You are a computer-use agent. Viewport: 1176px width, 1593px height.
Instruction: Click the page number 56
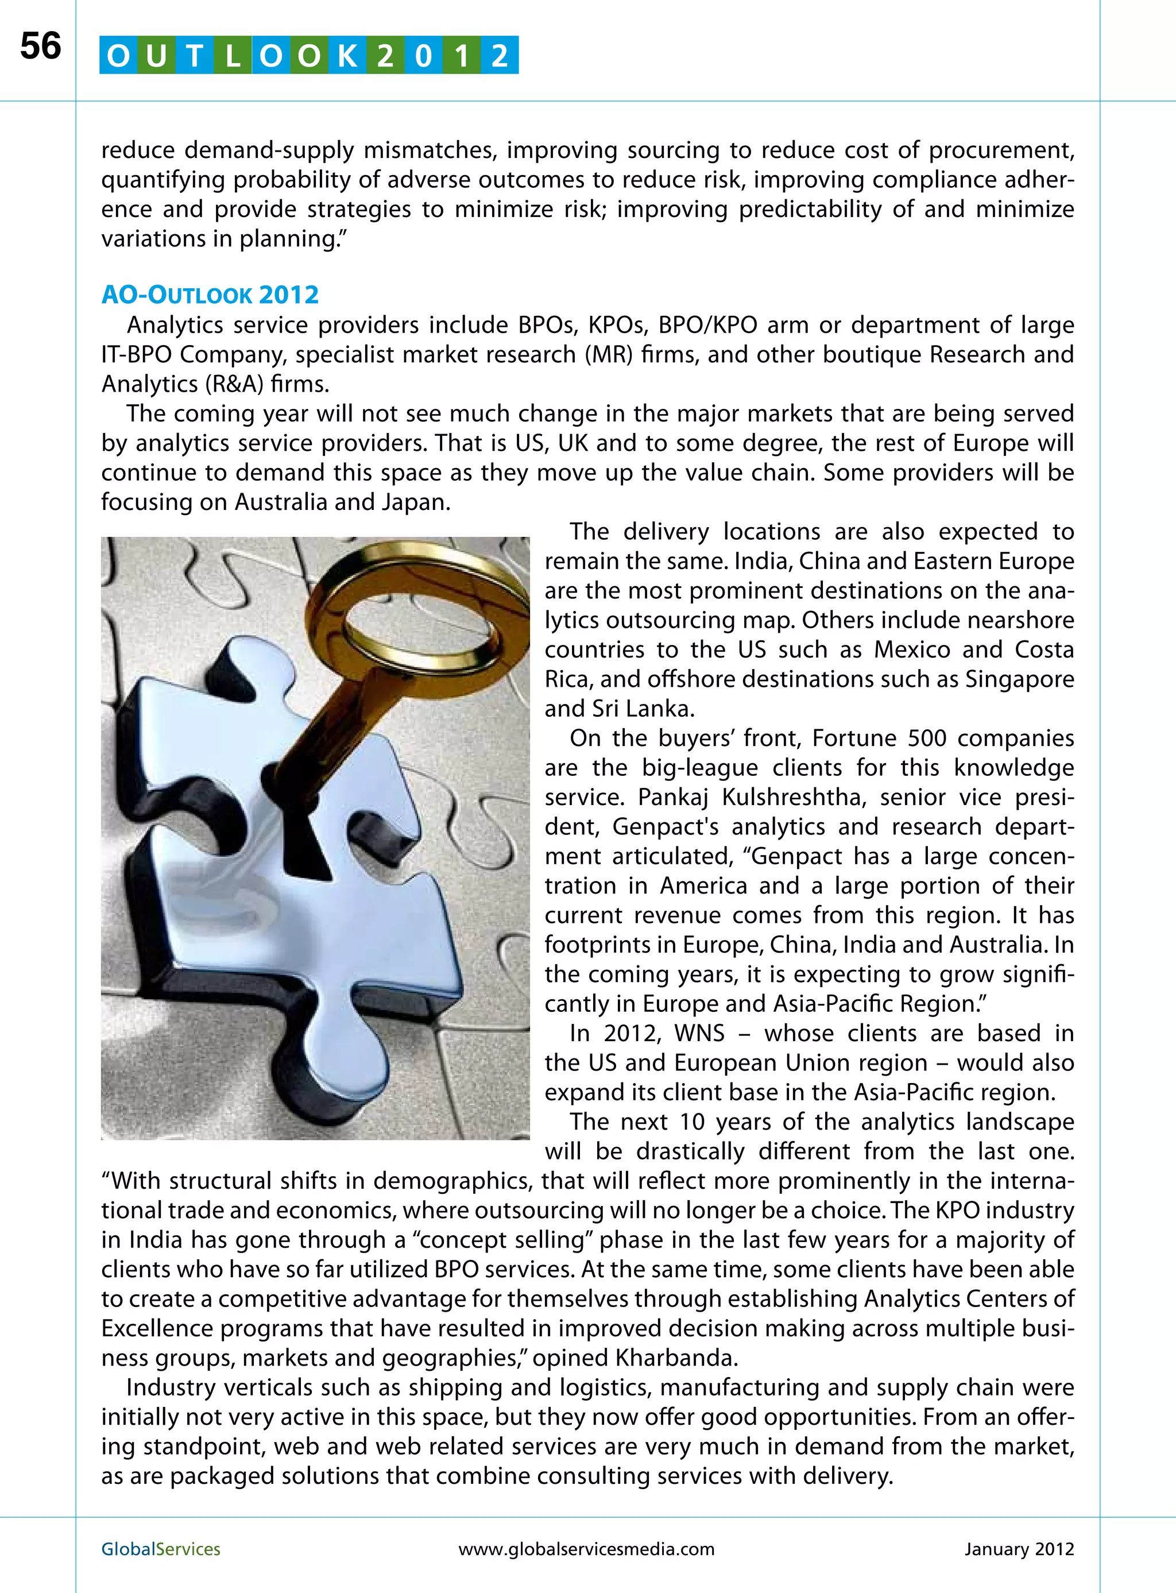41,47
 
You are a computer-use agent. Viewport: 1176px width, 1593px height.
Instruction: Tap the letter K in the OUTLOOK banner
347,56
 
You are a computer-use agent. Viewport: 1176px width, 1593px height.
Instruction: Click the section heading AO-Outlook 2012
210,295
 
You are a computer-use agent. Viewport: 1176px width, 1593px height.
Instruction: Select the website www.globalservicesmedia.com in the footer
587,1549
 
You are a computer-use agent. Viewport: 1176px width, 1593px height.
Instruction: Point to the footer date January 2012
1019,1549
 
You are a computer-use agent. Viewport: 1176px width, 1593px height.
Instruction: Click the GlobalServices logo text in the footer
161,1549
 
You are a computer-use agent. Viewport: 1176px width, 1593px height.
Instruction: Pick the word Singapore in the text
1019,679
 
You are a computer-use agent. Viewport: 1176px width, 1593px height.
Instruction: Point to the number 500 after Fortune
926,738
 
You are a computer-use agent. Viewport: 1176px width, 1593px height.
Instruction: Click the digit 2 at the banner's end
500,56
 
